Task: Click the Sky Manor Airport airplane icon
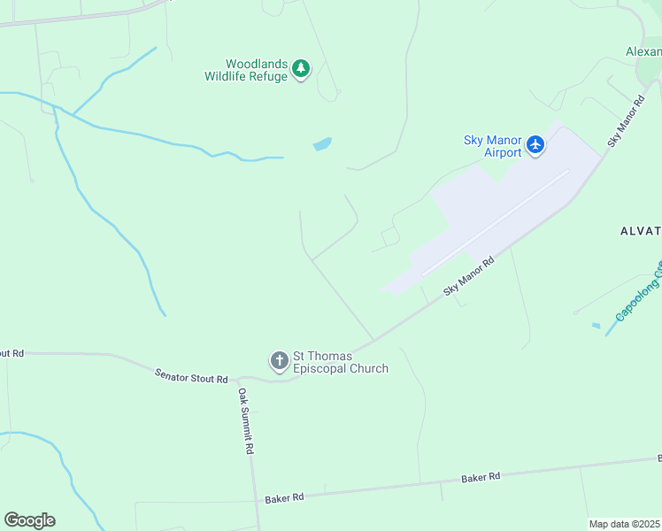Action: click(x=535, y=143)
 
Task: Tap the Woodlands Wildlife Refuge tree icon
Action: click(x=302, y=68)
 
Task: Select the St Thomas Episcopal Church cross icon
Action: click(x=279, y=360)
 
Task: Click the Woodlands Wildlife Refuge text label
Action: click(x=246, y=70)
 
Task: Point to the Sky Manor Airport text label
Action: click(x=491, y=146)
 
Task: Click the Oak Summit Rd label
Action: click(x=244, y=420)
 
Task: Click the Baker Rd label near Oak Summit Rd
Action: click(x=284, y=498)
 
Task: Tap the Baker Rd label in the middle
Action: click(x=481, y=477)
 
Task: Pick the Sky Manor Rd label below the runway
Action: click(x=468, y=275)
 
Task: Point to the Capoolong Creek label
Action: click(x=638, y=291)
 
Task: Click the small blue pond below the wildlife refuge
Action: click(x=322, y=143)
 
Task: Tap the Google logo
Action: click(x=29, y=520)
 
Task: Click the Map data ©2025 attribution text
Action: click(x=625, y=524)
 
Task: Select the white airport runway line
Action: click(x=496, y=222)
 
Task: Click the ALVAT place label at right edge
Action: click(x=640, y=231)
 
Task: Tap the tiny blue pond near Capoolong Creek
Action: click(x=596, y=326)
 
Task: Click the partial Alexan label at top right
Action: click(x=643, y=51)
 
